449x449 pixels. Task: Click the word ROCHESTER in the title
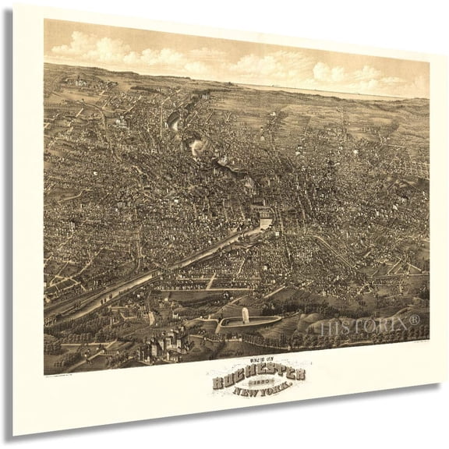(258, 376)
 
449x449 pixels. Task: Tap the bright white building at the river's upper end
(265, 224)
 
